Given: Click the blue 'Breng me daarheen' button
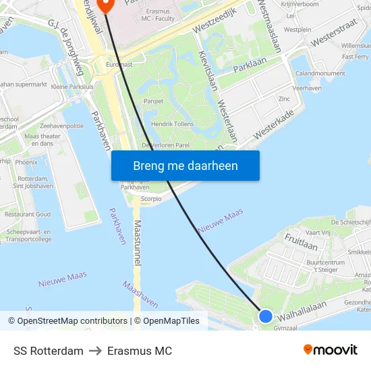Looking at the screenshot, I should tap(185, 165).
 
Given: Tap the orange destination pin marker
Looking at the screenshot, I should tap(105, 6).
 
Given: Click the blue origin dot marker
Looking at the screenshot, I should tap(266, 316).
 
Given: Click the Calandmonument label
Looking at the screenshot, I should tap(320, 73).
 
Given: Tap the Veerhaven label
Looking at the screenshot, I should tap(307, 88).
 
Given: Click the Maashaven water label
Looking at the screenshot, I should tap(140, 294).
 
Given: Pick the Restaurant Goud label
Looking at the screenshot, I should tap(27, 214).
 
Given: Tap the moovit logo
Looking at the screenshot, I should tap(331, 349).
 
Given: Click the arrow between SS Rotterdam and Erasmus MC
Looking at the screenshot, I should tap(95, 351).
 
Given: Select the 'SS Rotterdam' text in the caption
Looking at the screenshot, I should tap(49, 351).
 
